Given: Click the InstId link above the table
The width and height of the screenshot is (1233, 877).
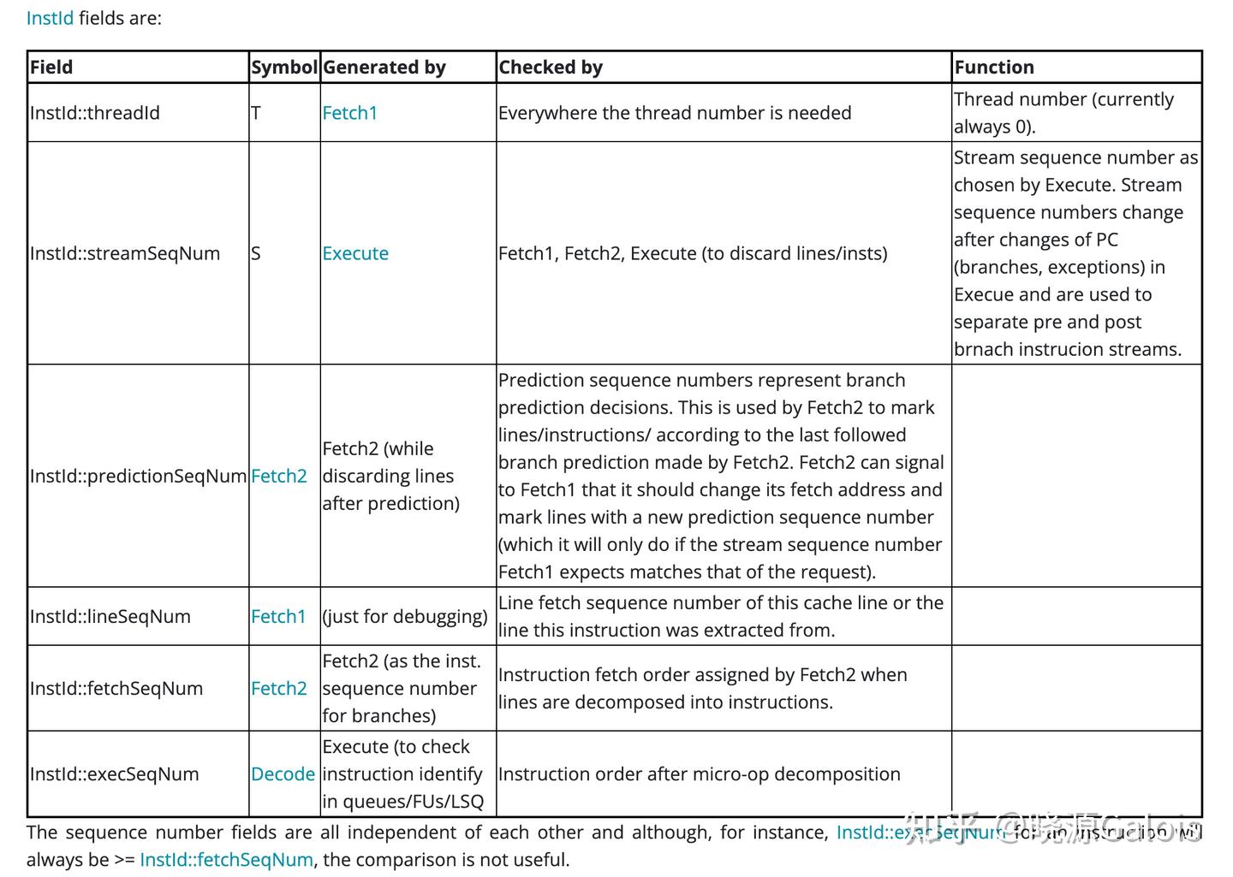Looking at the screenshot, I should (50, 18).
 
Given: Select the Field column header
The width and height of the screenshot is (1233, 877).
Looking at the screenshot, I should (51, 68).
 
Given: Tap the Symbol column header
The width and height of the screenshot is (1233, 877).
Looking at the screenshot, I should (284, 68).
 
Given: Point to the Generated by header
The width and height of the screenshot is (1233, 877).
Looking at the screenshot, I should (384, 68).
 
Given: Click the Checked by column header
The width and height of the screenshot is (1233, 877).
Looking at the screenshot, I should (551, 68).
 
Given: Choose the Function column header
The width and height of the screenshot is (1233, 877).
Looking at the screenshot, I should (994, 68).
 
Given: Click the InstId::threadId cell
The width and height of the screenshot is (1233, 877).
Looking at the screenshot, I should (95, 113).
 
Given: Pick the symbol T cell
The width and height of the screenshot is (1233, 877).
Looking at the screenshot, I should (256, 113).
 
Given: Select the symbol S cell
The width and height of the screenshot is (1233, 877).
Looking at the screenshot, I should (256, 253).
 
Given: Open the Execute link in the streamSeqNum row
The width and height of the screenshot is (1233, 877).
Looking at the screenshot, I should (355, 253).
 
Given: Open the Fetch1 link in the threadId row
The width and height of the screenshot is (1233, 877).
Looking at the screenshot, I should (350, 113).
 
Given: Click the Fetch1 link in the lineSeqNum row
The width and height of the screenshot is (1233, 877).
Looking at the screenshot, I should (278, 616).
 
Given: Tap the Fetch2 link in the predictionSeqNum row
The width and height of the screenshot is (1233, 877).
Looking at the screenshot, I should (279, 476).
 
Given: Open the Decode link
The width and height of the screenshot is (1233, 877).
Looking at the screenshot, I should (283, 773).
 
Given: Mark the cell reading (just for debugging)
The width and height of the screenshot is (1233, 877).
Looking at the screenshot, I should (405, 616).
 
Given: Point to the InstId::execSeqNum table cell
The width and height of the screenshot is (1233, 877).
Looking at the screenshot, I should (115, 773).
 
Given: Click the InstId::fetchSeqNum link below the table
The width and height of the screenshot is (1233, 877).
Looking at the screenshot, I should (226, 860).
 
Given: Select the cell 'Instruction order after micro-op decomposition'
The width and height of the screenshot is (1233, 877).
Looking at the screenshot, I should (700, 773).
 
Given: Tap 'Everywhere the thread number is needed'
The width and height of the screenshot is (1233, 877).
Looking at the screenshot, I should (675, 113).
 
